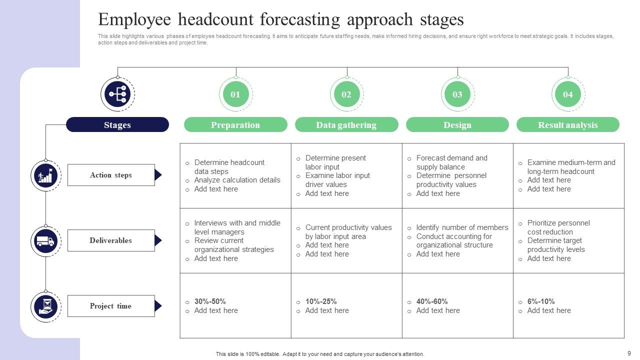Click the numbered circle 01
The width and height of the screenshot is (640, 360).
tap(235, 94)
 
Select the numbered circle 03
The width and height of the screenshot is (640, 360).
tap(457, 94)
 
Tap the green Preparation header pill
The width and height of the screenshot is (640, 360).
tap(235, 124)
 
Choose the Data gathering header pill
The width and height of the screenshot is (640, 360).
tap(346, 124)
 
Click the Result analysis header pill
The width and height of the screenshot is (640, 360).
tap(568, 124)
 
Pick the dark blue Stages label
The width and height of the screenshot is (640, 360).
tap(117, 124)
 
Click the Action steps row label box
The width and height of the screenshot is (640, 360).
tap(111, 175)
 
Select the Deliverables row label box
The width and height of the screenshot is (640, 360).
tap(111, 240)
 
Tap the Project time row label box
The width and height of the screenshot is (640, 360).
tap(111, 306)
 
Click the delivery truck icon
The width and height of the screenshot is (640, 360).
tap(45, 241)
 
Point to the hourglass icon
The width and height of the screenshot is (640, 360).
tap(45, 307)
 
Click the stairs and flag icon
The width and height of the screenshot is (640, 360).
tap(45, 175)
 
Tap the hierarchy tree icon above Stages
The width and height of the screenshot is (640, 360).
tap(117, 94)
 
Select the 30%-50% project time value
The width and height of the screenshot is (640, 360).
tap(210, 301)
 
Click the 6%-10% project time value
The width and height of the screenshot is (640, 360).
tap(541, 301)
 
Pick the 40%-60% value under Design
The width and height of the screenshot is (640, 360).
tap(432, 301)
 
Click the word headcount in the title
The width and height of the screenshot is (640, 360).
tap(215, 19)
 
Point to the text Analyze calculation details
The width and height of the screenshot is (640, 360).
tap(237, 180)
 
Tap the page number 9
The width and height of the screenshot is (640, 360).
tap(629, 353)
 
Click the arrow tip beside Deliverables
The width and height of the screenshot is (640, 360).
tap(161, 240)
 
